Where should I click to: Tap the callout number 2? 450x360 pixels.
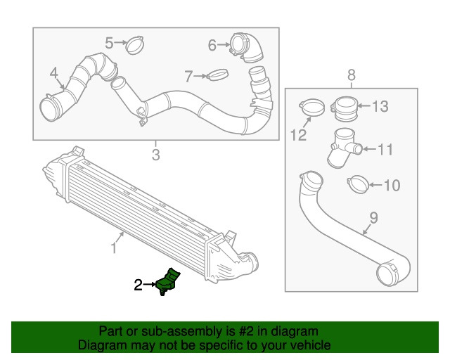tap(139, 285)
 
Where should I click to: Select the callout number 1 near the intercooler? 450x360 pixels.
tap(113, 247)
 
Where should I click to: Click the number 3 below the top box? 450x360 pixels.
tap(156, 154)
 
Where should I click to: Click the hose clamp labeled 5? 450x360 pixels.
tap(134, 46)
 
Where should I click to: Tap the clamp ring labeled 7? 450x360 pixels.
tap(219, 74)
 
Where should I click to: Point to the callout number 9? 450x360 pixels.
tap(373, 218)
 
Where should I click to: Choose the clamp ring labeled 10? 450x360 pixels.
tap(359, 185)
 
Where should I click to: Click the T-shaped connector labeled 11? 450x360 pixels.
tap(344, 145)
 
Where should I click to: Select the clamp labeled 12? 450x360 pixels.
tap(313, 108)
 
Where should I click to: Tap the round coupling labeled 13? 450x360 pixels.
tap(346, 108)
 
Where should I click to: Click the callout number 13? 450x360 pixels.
tap(380, 107)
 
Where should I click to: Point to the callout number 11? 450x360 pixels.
tap(386, 149)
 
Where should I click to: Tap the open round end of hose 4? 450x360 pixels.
tap(50, 110)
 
